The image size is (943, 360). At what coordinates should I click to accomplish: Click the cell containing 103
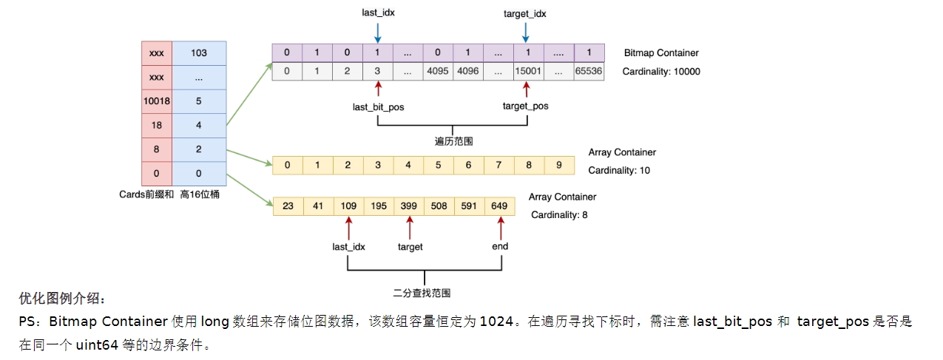(199, 53)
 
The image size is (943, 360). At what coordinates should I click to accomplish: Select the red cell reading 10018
(156, 101)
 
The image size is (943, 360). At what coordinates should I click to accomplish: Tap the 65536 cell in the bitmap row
(589, 72)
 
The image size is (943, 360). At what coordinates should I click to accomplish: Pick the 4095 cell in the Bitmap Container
(438, 72)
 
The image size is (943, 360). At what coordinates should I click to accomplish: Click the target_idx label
(524, 14)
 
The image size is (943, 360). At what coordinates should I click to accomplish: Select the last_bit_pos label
(378, 106)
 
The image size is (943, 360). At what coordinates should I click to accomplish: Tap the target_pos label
(525, 106)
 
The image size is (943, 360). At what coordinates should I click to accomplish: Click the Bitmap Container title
(660, 53)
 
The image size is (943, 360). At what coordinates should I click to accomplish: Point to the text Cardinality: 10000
(660, 72)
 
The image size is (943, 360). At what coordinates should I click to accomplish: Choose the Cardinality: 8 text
(559, 215)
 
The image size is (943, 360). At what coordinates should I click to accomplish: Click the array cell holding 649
(499, 206)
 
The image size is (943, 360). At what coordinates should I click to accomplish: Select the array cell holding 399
(409, 206)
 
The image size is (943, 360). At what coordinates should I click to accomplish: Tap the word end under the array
(500, 246)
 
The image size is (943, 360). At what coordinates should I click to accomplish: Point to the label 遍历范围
(452, 140)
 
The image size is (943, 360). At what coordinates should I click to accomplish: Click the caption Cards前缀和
(145, 194)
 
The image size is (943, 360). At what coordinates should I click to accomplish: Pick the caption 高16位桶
(200, 194)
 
